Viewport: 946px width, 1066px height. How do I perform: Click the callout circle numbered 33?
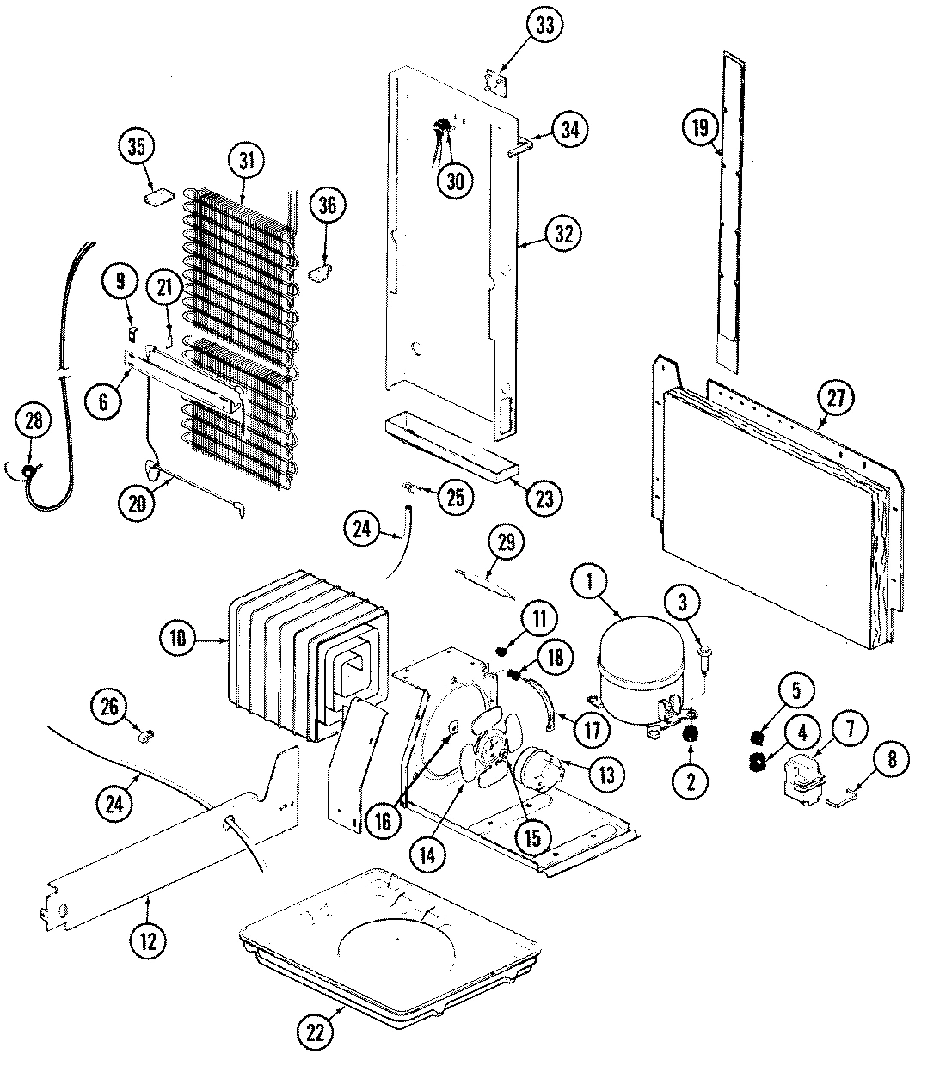pyautogui.click(x=544, y=25)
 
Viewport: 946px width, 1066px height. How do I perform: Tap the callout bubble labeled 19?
pyautogui.click(x=699, y=128)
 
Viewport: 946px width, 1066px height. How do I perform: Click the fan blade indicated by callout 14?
pyautogui.click(x=474, y=761)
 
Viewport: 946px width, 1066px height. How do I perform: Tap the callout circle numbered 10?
pyautogui.click(x=178, y=639)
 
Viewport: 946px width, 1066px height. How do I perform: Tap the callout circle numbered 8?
pyautogui.click(x=891, y=759)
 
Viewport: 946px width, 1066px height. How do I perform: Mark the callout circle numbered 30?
pyautogui.click(x=455, y=180)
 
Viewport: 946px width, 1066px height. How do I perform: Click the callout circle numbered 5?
pyautogui.click(x=795, y=689)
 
